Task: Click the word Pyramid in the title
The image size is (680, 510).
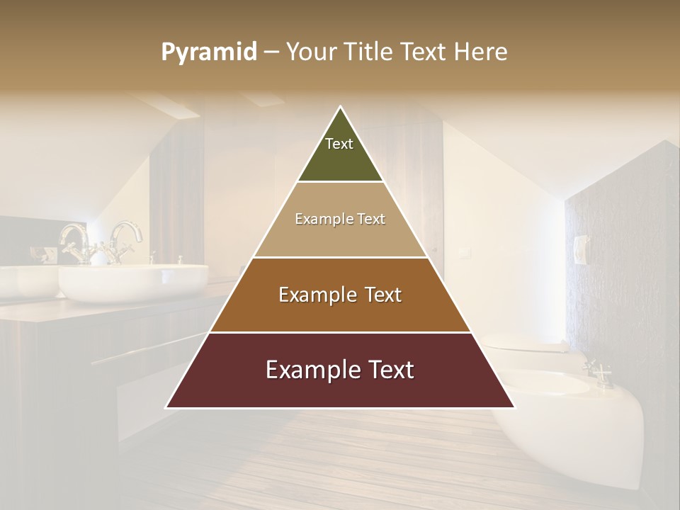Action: click(x=209, y=52)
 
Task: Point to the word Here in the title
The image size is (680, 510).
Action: click(x=480, y=52)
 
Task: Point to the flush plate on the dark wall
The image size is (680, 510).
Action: click(x=580, y=249)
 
